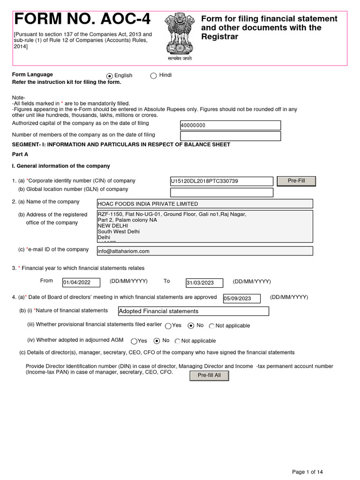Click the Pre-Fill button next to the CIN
click(296, 181)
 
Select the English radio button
click(110, 76)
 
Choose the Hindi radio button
click(153, 76)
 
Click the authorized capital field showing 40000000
click(230, 125)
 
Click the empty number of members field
click(230, 136)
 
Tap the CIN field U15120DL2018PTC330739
click(221, 181)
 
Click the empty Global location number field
click(221, 193)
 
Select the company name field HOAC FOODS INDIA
click(204, 203)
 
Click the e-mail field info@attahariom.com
click(204, 251)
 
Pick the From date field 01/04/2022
click(81, 282)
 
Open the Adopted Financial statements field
click(193, 311)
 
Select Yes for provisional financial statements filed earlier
click(168, 326)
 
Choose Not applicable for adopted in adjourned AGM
click(178, 341)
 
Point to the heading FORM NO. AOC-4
click(82, 19)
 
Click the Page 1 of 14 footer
click(307, 472)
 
